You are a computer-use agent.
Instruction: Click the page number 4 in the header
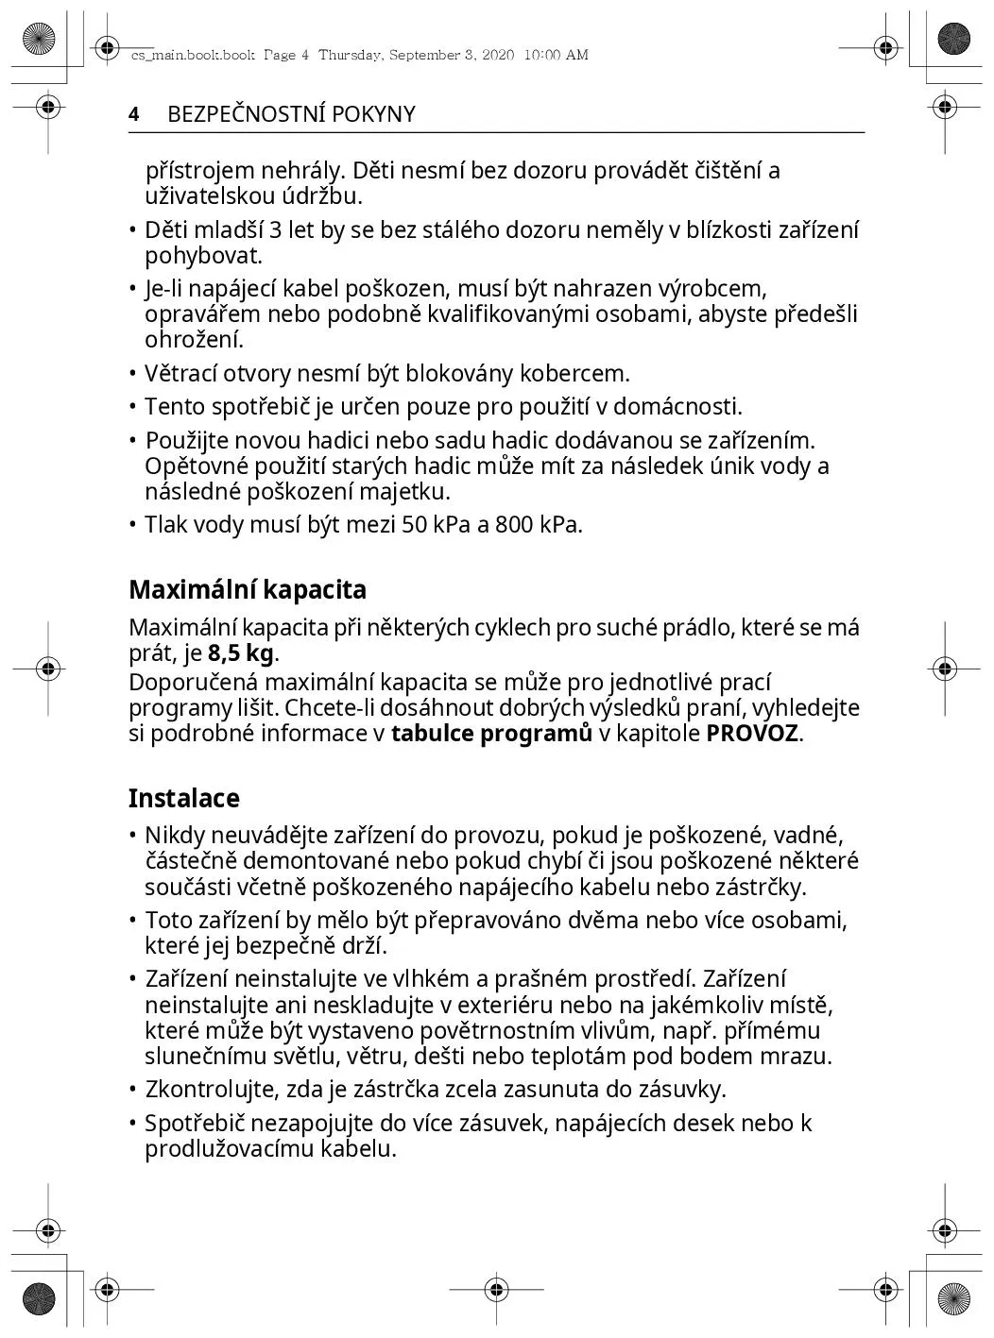pos(134,114)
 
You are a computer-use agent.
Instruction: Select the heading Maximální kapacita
pos(248,590)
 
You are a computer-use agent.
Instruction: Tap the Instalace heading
pos(184,799)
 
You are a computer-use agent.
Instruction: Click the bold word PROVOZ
pos(752,734)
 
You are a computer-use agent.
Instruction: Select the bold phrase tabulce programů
pos(491,734)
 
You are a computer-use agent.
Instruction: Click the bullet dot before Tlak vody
pos(133,525)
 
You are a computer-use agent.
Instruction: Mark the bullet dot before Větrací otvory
pos(133,374)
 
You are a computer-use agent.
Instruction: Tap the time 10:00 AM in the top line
pos(555,55)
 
